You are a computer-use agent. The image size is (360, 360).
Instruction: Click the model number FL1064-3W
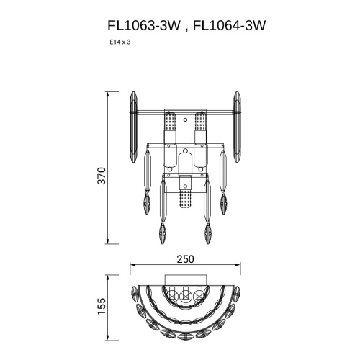pyautogui.click(x=230, y=26)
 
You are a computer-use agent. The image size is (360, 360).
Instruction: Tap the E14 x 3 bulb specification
pyautogui.click(x=120, y=42)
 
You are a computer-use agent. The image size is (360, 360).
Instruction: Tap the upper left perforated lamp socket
pyautogui.click(x=171, y=130)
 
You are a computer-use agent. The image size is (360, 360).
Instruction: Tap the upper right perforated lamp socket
pyautogui.click(x=201, y=130)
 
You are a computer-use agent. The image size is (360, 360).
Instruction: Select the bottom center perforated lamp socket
pyautogui.click(x=186, y=197)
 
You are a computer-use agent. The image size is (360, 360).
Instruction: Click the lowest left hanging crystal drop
pyautogui.click(x=163, y=233)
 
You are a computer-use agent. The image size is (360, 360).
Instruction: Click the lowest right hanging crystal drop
pyautogui.click(x=209, y=233)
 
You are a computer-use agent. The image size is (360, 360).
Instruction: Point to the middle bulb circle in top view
pyautogui.click(x=186, y=294)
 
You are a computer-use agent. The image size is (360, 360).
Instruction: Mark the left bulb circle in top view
pyautogui.click(x=171, y=294)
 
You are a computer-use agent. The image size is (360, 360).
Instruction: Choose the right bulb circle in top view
pyautogui.click(x=200, y=294)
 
